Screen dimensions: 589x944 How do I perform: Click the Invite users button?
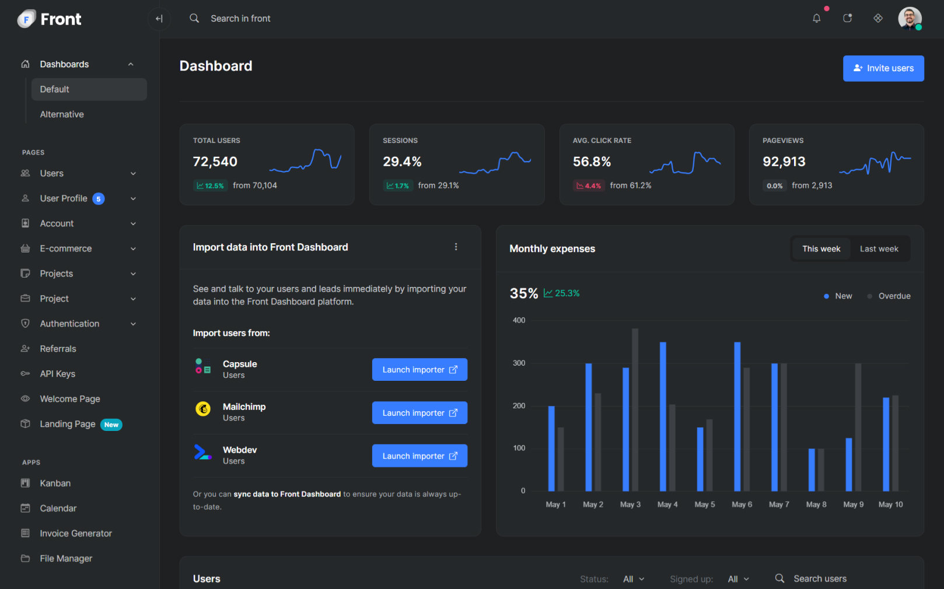(x=883, y=68)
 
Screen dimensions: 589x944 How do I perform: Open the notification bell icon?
(x=816, y=19)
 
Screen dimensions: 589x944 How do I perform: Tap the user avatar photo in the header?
(x=909, y=18)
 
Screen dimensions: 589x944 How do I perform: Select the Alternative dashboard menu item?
(x=62, y=114)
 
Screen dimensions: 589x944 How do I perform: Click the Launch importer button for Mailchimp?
(x=419, y=413)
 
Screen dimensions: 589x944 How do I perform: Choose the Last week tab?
(x=879, y=249)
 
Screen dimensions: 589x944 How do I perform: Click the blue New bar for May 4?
(x=663, y=416)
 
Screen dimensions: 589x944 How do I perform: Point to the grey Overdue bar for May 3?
(x=635, y=409)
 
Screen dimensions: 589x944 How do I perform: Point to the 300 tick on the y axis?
(x=519, y=363)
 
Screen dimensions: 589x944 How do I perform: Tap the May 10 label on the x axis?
(x=890, y=504)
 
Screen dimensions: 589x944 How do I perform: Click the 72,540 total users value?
(x=215, y=162)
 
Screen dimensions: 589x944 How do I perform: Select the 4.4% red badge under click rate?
(x=588, y=185)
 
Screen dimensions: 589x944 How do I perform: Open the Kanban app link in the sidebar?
(x=55, y=483)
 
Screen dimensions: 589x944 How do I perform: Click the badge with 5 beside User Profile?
(x=99, y=199)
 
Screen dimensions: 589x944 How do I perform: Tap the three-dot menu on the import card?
(x=456, y=247)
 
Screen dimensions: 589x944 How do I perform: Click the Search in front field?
(x=240, y=19)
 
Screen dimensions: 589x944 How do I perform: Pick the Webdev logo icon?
(x=202, y=453)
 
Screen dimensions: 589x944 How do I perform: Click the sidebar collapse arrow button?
(x=159, y=19)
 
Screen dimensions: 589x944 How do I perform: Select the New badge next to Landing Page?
(x=111, y=425)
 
